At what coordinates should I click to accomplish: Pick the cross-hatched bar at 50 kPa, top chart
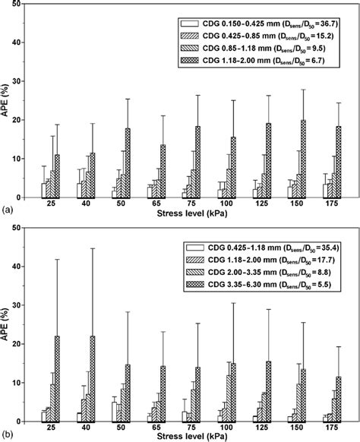(127, 163)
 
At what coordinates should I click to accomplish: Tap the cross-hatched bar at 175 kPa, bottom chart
(338, 399)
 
